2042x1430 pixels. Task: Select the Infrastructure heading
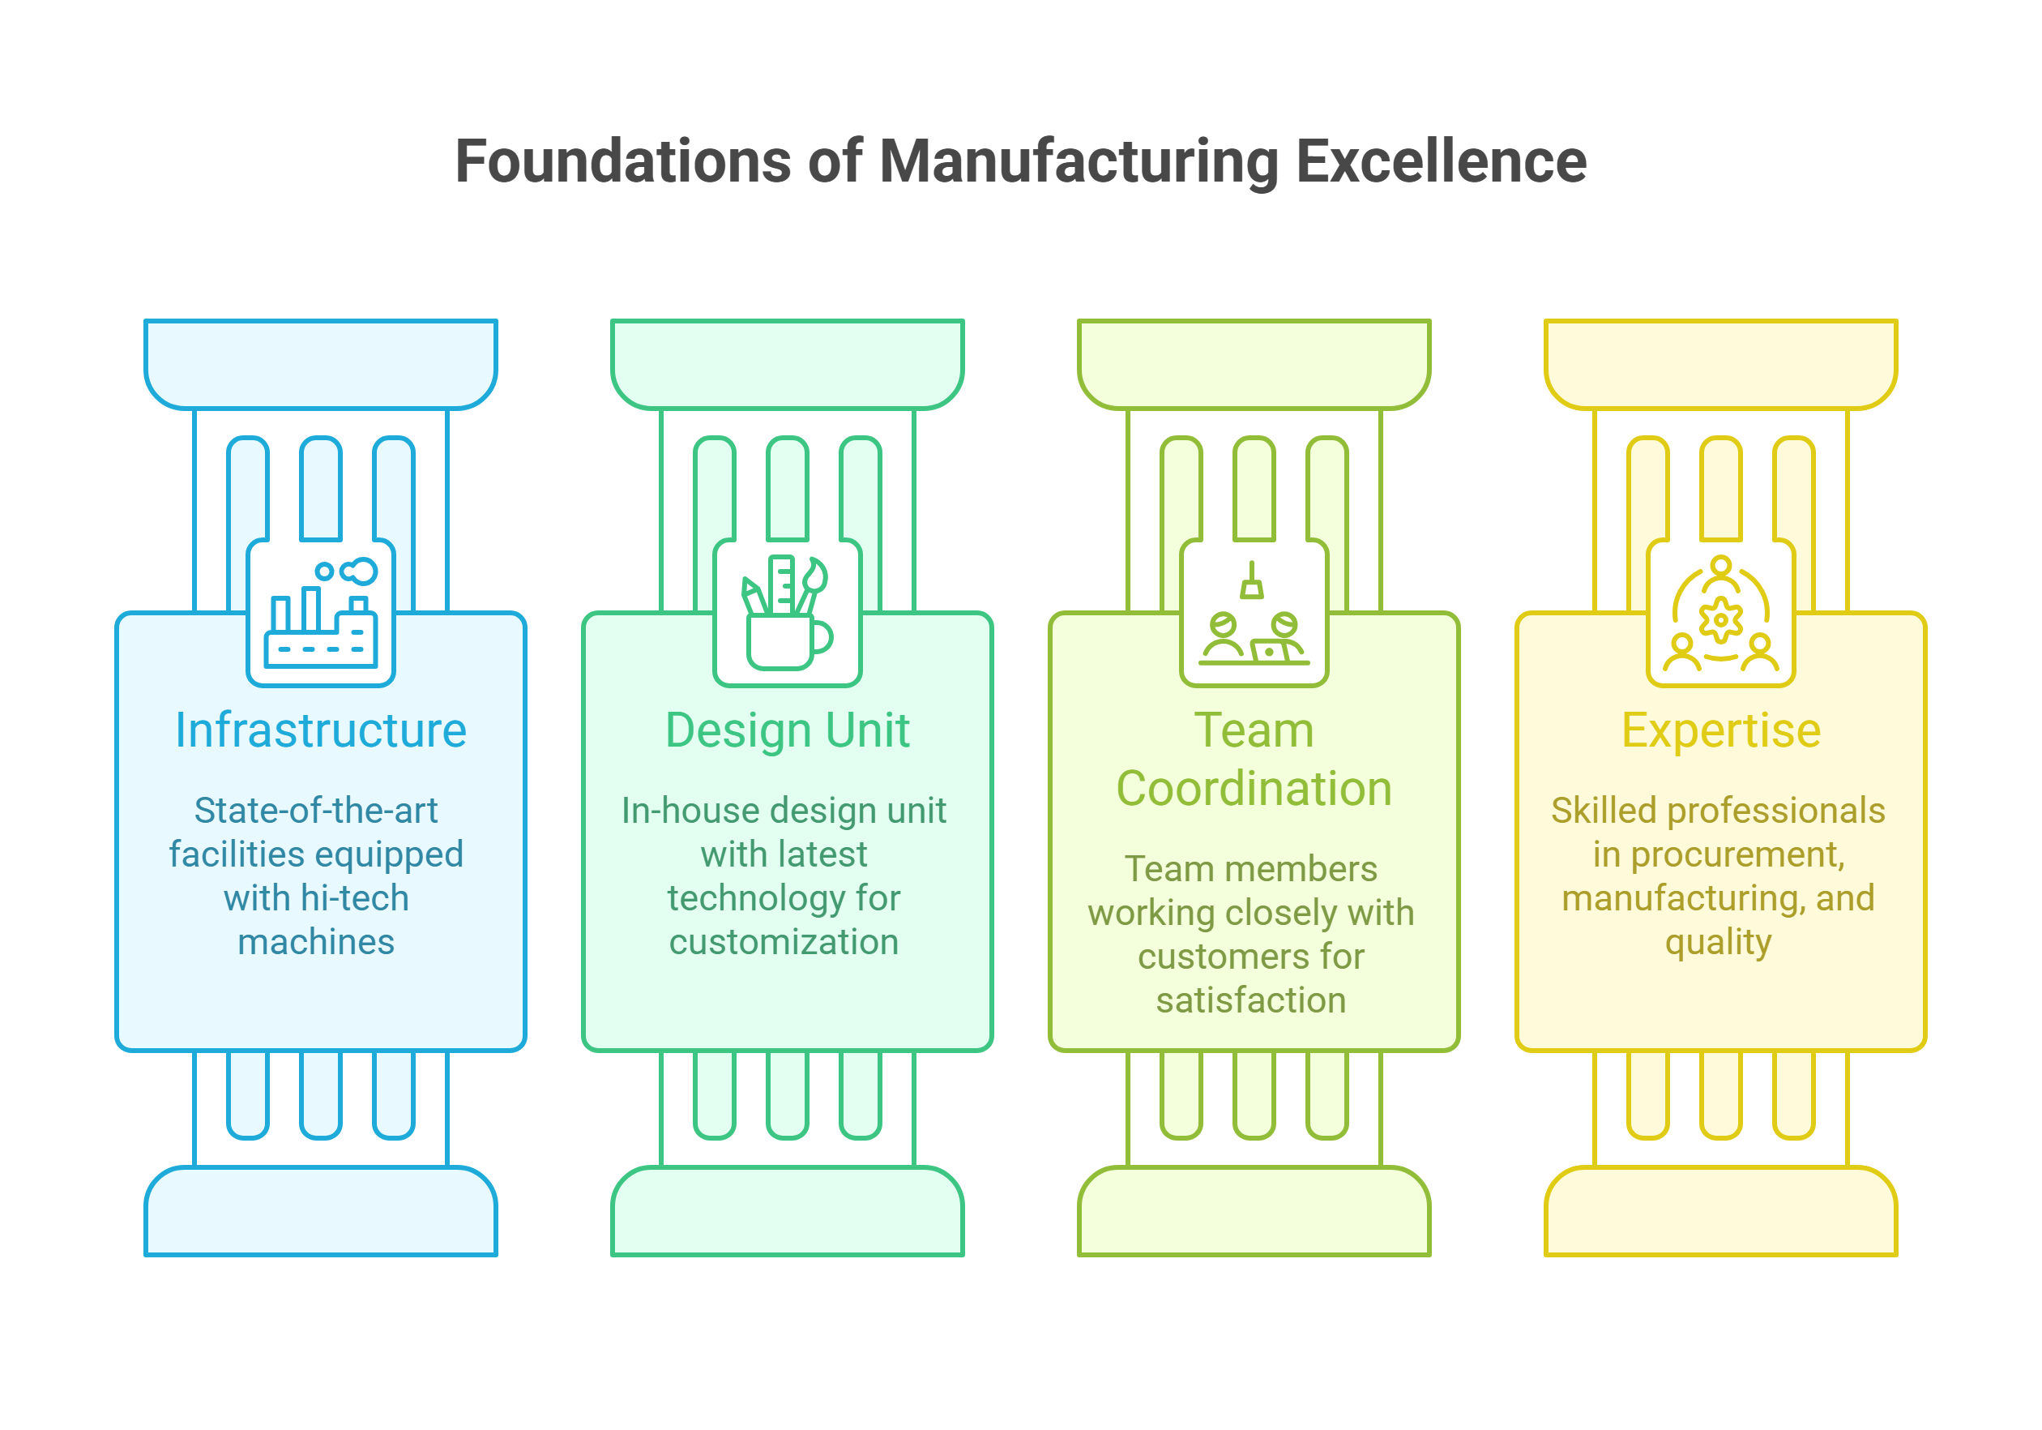point(320,730)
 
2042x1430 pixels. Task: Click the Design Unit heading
point(787,730)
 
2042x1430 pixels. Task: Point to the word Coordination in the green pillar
point(1254,790)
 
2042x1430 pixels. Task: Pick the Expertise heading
point(1721,730)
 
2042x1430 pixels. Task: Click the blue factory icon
point(321,614)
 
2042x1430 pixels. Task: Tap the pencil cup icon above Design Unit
point(787,614)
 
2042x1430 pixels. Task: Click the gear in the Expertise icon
point(1721,619)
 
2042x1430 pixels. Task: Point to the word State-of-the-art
point(316,811)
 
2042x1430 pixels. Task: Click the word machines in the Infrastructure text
point(316,941)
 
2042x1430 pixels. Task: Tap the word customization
point(784,941)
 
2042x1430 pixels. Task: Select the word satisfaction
point(1250,1000)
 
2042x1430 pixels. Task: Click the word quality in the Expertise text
point(1718,941)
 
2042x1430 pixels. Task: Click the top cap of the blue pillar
point(320,363)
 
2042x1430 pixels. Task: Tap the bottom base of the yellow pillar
point(1721,1212)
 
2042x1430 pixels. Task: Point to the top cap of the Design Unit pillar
point(787,363)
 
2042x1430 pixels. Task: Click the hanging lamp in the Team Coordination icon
point(1252,584)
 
